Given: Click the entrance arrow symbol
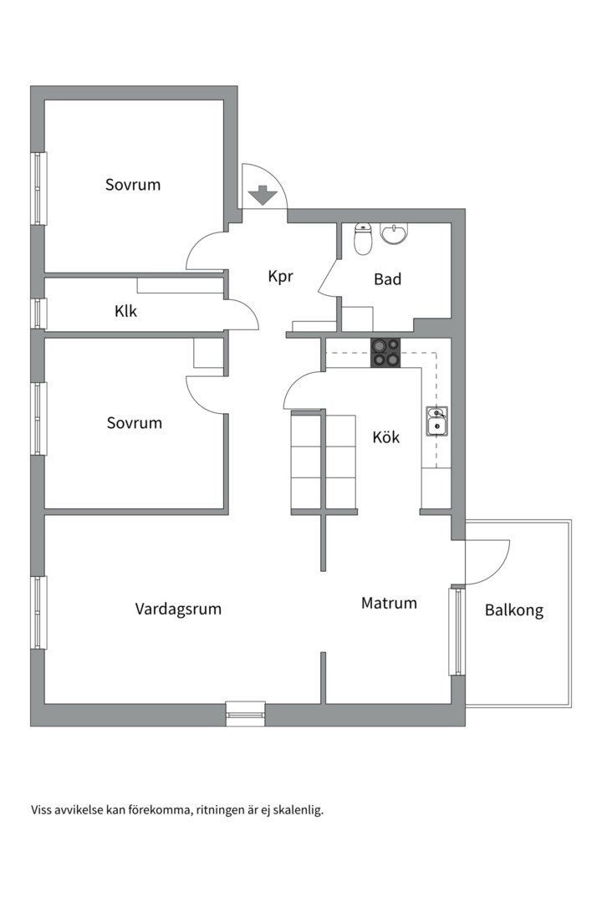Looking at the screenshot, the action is (263, 195).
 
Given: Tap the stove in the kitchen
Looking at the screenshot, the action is (385, 353).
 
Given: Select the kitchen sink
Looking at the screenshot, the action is (436, 421).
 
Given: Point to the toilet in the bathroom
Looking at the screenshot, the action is (363, 238).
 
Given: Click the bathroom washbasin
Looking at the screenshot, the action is (395, 234).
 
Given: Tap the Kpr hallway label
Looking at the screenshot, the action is (281, 277).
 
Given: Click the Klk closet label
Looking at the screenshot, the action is (125, 311).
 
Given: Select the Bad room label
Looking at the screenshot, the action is (387, 279).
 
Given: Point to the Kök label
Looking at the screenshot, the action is (386, 437).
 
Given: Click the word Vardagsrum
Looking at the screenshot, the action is (178, 610).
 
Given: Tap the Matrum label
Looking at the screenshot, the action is (389, 603).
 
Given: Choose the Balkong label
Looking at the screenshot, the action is (514, 610).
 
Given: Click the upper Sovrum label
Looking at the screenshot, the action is (132, 185).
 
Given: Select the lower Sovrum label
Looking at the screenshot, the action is (135, 423).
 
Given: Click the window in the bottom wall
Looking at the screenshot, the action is (246, 713).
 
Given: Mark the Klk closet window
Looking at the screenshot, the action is (38, 314).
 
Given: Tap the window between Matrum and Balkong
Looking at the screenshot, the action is (457, 631).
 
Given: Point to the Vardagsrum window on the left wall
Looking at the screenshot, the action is (38, 613).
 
